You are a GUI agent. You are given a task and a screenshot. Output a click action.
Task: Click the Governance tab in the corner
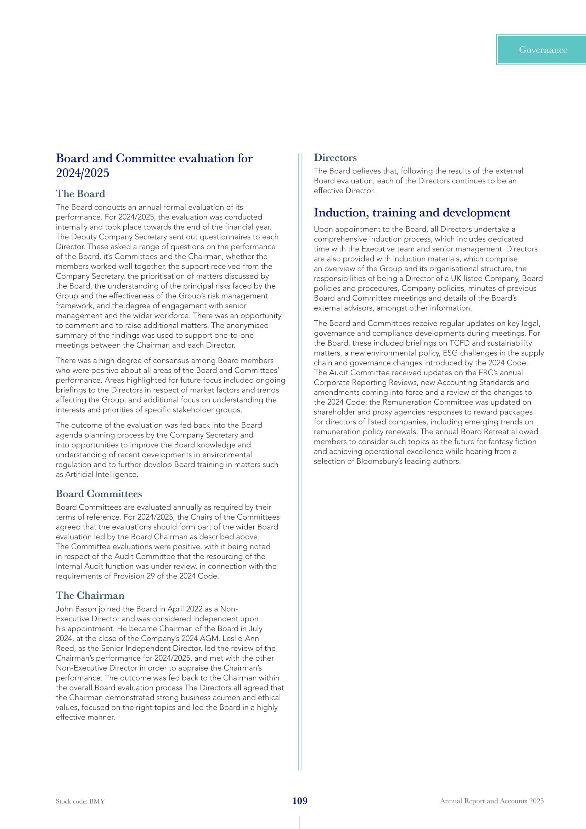coord(542,50)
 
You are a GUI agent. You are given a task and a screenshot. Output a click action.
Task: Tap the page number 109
coord(300,801)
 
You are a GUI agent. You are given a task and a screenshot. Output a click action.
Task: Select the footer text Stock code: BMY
coord(80,801)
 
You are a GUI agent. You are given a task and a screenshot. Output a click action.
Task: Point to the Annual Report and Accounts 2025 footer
coord(491,801)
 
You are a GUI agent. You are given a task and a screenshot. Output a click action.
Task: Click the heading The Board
coord(80,194)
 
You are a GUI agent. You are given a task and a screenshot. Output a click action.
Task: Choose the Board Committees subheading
coord(99,494)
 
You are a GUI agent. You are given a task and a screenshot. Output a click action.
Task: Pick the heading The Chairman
coord(90,595)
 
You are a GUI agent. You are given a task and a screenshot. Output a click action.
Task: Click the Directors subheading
coord(335,158)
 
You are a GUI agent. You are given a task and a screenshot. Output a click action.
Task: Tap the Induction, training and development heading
coord(412,213)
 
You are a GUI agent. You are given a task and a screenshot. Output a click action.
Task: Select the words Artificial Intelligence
coord(101,475)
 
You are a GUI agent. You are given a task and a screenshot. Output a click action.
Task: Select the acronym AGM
coord(209,639)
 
